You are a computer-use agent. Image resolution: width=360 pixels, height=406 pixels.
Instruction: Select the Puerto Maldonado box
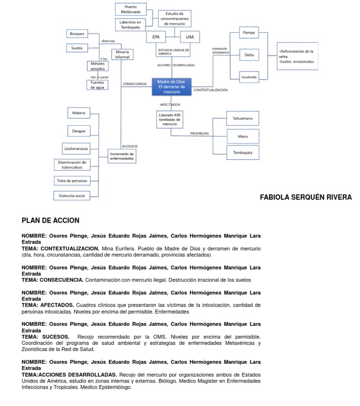point(131,9)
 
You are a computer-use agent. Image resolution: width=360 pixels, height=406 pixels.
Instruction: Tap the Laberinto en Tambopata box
point(131,25)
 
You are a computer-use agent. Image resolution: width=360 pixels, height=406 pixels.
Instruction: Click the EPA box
point(156,37)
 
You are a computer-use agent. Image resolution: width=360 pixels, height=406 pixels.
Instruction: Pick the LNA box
point(190,37)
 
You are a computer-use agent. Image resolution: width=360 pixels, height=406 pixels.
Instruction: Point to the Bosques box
point(77,34)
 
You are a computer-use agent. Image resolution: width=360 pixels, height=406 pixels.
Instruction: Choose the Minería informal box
point(122,54)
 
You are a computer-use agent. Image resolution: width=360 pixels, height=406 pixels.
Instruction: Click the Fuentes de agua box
point(97,85)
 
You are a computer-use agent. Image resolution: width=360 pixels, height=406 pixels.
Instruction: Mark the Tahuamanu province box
point(242,119)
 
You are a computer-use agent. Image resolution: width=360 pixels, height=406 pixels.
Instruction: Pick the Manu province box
point(242,136)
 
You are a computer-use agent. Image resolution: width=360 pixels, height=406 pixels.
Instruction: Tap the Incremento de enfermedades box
point(122,156)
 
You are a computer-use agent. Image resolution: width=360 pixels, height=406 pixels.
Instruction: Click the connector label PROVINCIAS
point(199,134)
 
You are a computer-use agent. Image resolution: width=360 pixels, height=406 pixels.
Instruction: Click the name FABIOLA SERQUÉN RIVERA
point(306,197)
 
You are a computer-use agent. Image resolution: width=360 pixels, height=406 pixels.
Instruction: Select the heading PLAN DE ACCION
point(51,220)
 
